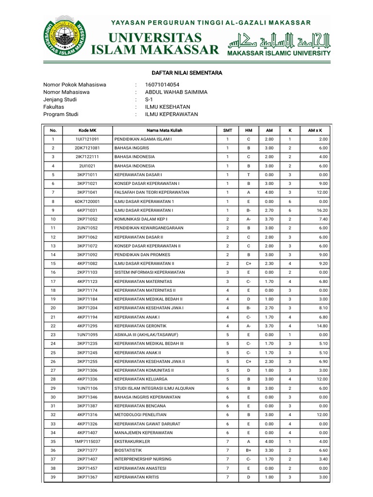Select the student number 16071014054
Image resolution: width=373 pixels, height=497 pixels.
pyautogui.click(x=166, y=84)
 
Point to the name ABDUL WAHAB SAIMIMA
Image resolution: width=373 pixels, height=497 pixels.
pyautogui.click(x=176, y=92)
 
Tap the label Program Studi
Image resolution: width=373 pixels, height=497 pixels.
pyautogui.click(x=61, y=115)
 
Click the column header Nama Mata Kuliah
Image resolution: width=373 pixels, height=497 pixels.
pyautogui.click(x=165, y=131)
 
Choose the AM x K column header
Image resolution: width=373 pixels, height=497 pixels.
pyautogui.click(x=315, y=131)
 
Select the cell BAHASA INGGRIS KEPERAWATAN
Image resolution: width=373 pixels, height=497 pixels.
pyautogui.click(x=147, y=397)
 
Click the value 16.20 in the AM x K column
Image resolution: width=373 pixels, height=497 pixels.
pyautogui.click(x=322, y=210)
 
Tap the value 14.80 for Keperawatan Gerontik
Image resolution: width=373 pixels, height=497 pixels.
pyautogui.click(x=322, y=326)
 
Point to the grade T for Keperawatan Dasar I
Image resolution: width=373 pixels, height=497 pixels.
pyautogui.click(x=248, y=175)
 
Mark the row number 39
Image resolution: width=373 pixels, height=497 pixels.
pyautogui.click(x=53, y=477)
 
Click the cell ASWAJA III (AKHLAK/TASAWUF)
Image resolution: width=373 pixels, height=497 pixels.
pyautogui.click(x=146, y=335)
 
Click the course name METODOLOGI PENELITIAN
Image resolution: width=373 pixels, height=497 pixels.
pyautogui.click(x=140, y=414)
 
